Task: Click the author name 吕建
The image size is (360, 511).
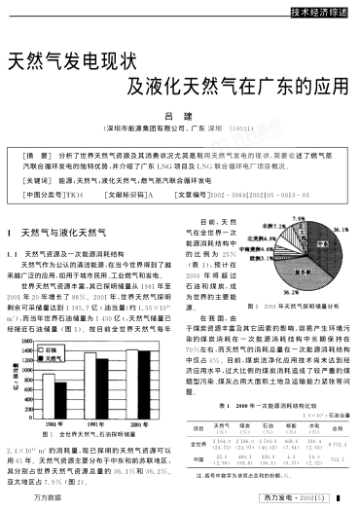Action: (x=179, y=114)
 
